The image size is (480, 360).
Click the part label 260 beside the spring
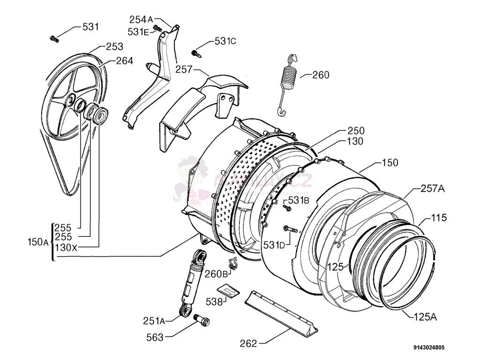coord(321,75)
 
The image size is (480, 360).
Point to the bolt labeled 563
coord(202,322)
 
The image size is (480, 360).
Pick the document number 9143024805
coord(429,348)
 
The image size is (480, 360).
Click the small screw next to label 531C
coord(196,52)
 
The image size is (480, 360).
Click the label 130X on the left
coord(66,247)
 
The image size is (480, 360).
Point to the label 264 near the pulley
coord(124,60)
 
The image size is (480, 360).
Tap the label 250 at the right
coord(356,131)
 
